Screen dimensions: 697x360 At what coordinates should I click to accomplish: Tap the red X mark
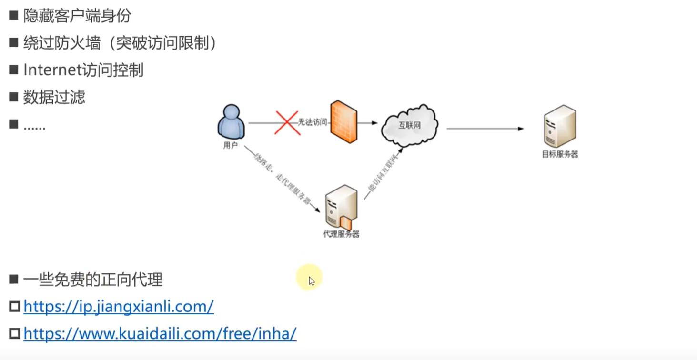pos(287,123)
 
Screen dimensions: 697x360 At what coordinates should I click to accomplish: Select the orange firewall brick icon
pos(344,122)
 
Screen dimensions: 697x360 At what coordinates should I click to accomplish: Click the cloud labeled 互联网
pos(410,125)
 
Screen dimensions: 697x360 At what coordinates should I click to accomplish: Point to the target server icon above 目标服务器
pos(560,126)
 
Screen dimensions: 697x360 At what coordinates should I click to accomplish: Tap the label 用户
pos(231,146)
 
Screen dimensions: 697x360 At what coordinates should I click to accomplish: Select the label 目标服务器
pos(560,154)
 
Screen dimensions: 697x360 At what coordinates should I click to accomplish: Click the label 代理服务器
pos(341,234)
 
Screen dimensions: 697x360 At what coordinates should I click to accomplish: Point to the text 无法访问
pos(313,123)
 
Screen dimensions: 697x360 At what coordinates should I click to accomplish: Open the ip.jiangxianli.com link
pos(119,306)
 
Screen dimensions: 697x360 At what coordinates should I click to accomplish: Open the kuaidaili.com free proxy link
pos(160,333)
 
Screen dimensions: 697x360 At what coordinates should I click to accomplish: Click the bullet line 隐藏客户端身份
pos(77,16)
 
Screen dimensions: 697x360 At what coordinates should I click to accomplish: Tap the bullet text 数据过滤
pos(54,97)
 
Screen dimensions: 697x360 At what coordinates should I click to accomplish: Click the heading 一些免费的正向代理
pos(93,280)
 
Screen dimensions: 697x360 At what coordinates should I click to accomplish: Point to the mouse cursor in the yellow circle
pos(311,280)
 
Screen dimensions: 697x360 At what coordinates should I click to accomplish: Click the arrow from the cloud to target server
pos(485,129)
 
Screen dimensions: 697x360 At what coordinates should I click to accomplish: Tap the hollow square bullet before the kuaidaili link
pos(15,333)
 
